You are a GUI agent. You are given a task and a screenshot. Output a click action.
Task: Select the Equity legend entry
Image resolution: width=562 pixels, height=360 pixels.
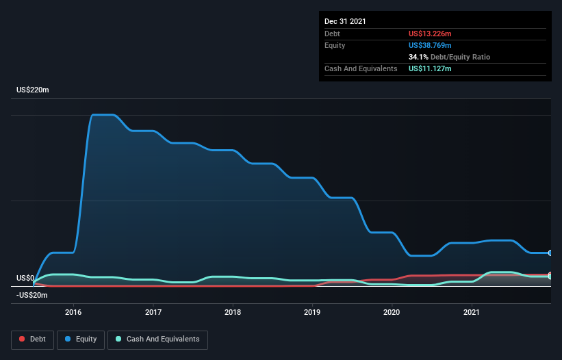pos(80,339)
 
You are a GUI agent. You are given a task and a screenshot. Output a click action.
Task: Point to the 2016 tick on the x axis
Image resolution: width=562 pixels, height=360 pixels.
pos(73,312)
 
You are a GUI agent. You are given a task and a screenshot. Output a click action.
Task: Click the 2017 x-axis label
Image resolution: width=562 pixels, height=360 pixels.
pos(153,312)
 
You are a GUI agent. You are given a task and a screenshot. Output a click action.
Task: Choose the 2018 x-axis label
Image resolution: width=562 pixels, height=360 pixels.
pos(233,312)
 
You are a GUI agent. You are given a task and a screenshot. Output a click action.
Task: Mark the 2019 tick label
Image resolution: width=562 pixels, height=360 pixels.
pos(312,312)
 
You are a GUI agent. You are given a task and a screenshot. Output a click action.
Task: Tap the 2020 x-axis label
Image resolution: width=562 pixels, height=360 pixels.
pos(392,312)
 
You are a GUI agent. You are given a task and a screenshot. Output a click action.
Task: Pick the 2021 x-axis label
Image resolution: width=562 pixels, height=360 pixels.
pos(471,312)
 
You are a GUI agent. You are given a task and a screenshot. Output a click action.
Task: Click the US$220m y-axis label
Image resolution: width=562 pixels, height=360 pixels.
pos(33,90)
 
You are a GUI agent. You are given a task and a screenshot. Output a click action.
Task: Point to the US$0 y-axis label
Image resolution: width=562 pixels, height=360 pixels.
pos(25,278)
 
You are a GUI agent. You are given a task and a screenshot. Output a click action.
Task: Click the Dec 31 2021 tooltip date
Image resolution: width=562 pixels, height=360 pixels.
pos(345,21)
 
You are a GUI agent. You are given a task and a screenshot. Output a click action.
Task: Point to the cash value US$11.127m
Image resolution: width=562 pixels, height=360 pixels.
pos(430,68)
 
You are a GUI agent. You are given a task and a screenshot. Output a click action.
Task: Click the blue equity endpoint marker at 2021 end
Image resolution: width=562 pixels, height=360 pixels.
pos(550,253)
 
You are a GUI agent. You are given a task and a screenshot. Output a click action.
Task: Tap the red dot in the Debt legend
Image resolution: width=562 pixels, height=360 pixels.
pos(23,339)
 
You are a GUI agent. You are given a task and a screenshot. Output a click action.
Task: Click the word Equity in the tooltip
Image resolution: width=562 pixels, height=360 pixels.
pos(335,45)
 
